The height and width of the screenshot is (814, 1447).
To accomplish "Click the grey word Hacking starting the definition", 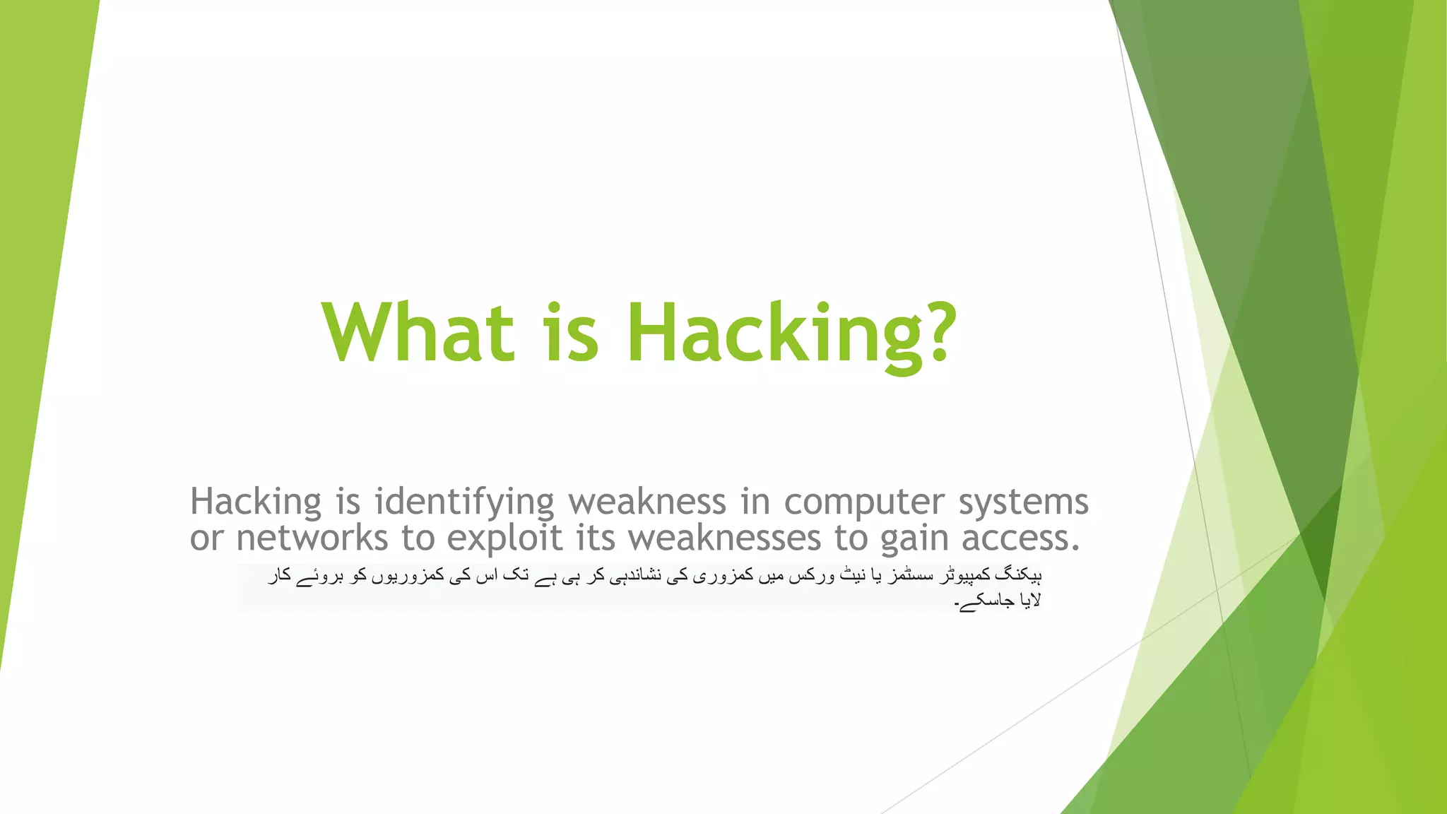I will point(256,502).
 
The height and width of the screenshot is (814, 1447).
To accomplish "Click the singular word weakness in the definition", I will point(647,502).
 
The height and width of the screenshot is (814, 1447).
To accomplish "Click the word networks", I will point(312,538).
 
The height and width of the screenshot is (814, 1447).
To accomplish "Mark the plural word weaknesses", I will point(725,538).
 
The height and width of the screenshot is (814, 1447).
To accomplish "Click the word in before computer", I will point(755,502).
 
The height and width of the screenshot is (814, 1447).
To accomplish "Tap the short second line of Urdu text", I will point(998,601).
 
